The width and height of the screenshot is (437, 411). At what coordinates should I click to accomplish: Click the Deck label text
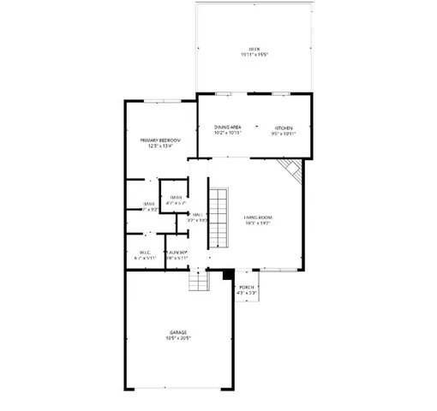[254, 50]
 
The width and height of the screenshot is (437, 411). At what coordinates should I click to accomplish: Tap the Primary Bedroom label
[160, 140]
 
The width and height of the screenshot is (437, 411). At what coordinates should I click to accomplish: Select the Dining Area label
[227, 127]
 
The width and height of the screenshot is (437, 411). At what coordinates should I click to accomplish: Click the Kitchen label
[283, 127]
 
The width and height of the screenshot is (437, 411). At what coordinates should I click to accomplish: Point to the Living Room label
[257, 217]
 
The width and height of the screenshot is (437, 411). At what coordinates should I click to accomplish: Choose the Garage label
[178, 332]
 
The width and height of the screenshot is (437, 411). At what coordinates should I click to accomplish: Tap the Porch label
[246, 287]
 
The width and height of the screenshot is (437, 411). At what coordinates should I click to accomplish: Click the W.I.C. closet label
[145, 252]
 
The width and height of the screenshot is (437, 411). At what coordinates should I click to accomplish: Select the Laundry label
[177, 252]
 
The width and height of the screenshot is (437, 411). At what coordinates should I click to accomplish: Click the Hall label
[197, 214]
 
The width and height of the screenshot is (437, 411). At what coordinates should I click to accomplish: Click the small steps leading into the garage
[199, 281]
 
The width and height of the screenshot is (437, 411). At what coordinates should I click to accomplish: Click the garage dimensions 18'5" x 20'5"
[178, 338]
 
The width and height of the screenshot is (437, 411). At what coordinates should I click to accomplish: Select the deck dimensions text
[254, 56]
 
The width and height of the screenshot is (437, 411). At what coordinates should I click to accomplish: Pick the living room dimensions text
[257, 223]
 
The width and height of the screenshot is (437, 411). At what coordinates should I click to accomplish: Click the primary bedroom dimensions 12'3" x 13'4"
[160, 146]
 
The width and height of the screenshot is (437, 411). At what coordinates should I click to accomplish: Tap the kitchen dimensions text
[283, 133]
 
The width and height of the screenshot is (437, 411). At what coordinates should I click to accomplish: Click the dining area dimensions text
[227, 133]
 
